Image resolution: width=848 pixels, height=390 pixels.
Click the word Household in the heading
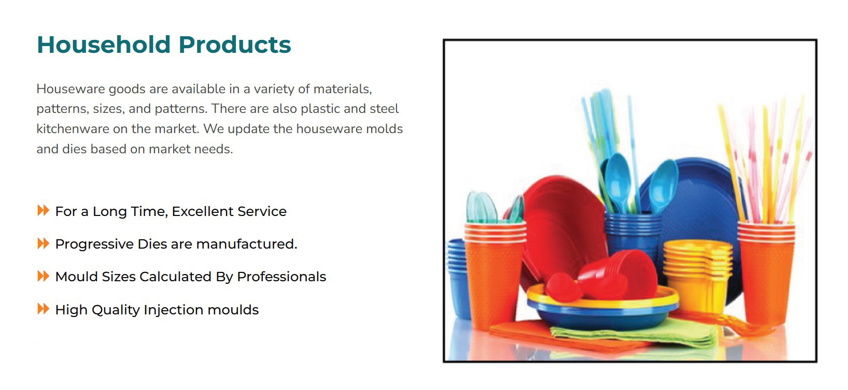click(104, 45)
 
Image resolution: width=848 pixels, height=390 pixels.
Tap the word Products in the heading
click(235, 45)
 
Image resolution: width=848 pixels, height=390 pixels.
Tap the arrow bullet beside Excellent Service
click(43, 210)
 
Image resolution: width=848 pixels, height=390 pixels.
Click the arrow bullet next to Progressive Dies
click(43, 243)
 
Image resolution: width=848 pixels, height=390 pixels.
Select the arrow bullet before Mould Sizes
click(43, 276)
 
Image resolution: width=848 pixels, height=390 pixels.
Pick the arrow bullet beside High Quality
click(43, 309)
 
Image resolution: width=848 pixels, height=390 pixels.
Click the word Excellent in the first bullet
click(203, 211)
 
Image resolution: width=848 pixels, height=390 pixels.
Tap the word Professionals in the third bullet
click(281, 277)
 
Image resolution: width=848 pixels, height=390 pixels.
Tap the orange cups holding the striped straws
click(766, 272)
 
